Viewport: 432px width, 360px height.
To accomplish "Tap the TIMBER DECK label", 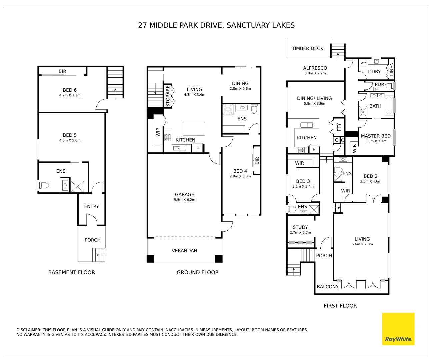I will coord(307,48).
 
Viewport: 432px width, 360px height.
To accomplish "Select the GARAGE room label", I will coord(184,194).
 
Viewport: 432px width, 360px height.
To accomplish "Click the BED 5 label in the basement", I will coord(70,135).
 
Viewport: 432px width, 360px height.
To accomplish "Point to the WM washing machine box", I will coord(363,63).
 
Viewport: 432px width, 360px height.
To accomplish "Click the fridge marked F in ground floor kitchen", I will coord(198,148).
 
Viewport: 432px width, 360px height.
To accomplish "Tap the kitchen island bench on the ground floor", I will coord(194,129).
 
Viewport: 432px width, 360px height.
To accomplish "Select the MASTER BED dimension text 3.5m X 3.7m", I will coord(376,141).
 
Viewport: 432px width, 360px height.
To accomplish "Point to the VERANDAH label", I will coord(184,251).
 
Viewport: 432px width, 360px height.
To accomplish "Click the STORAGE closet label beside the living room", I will coord(168,96).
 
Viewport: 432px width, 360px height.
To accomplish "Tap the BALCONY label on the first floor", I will coord(327,287).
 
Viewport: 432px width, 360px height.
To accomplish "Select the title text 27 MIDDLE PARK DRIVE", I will coord(180,25).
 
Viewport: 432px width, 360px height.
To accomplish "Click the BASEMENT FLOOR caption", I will coord(71,272).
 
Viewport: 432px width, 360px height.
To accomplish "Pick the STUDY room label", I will coord(300,227).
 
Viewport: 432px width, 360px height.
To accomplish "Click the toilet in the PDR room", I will coord(389,86).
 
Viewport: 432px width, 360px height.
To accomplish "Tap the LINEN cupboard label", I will coord(391,69).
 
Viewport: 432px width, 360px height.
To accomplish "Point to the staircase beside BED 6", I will coord(115,83).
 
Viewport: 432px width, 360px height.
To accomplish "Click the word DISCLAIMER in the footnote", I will coord(29,330).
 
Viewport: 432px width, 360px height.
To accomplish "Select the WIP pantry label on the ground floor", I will coord(158,132).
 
